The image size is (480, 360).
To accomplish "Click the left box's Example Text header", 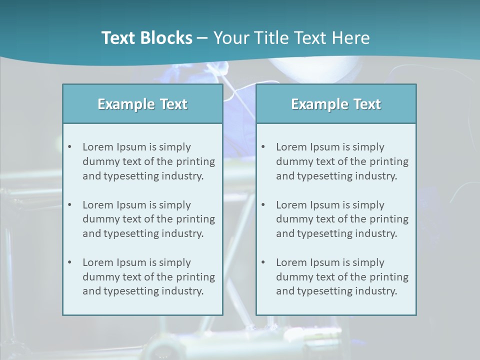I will click(x=142, y=104).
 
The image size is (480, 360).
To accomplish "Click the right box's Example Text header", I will click(x=336, y=104).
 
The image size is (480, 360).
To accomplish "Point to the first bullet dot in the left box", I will click(x=69, y=147).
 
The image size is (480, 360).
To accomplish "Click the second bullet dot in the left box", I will click(x=69, y=205).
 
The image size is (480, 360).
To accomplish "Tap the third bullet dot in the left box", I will click(x=69, y=262).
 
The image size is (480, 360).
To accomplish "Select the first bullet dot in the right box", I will click(x=263, y=147).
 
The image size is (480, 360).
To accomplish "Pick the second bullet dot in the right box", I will click(x=263, y=205).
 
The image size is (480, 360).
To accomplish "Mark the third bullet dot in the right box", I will click(x=263, y=262).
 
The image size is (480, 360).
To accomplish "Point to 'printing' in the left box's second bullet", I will click(x=196, y=219).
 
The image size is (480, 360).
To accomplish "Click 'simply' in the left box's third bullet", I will click(x=175, y=262).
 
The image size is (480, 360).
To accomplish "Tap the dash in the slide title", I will click(x=202, y=38).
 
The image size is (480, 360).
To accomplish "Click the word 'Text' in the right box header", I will click(x=367, y=104).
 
